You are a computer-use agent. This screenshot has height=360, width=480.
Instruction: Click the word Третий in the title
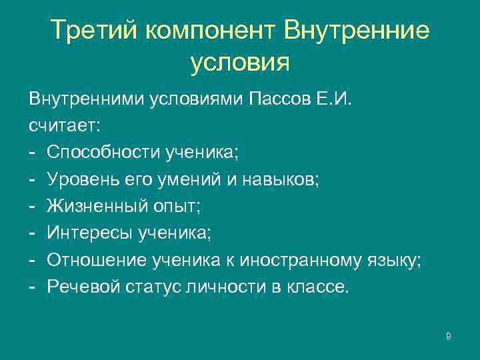pyautogui.click(x=93, y=30)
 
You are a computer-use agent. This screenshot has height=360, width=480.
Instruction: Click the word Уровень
pyautogui.click(x=79, y=179)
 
